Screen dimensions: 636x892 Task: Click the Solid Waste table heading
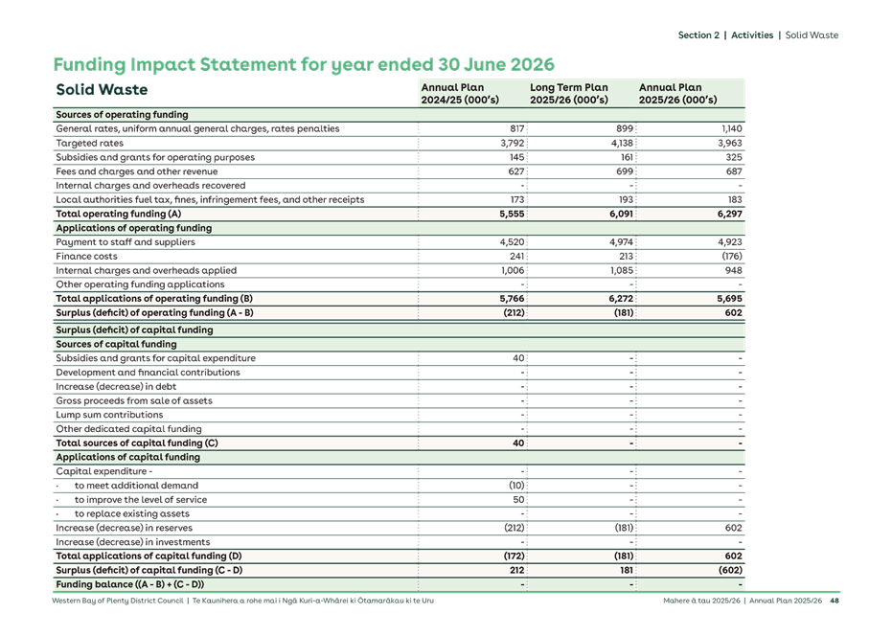click(102, 90)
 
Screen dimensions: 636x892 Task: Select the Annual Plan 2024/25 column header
click(453, 93)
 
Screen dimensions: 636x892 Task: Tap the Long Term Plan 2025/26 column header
click(569, 93)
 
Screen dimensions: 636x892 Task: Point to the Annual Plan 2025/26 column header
click(677, 93)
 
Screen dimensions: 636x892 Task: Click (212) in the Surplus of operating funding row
click(511, 313)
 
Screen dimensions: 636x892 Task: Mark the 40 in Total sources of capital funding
click(517, 443)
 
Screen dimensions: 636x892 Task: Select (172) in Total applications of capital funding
click(511, 556)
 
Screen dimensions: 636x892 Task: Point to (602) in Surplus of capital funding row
click(727, 570)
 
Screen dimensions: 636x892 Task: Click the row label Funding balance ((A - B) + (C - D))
click(129, 584)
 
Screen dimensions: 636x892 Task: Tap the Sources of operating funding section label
click(122, 115)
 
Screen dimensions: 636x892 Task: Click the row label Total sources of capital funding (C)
click(137, 443)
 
